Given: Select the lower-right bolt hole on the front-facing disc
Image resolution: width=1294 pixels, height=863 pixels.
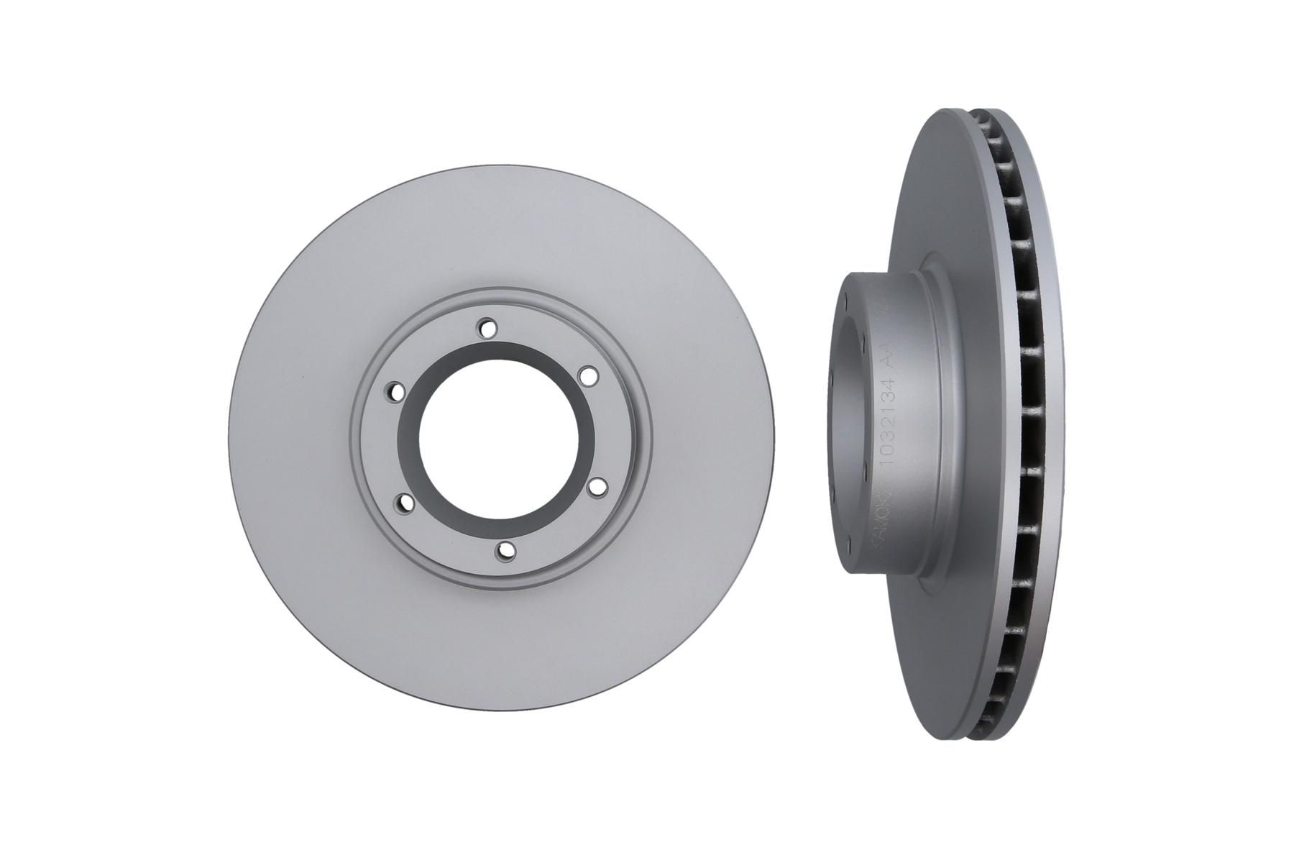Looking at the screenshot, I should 594,487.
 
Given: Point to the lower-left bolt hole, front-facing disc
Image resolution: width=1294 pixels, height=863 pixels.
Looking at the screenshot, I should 406,504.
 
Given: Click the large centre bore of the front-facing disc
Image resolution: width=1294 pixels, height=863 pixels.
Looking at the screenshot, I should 496,439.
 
